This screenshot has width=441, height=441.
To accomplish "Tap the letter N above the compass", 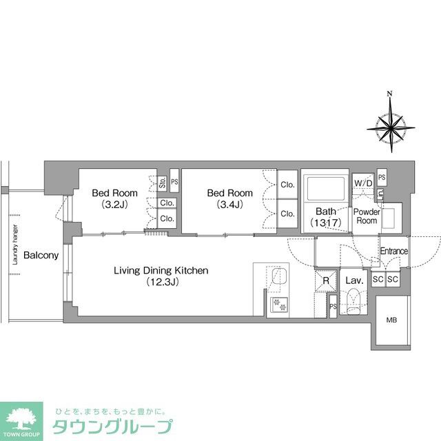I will pos(389,94).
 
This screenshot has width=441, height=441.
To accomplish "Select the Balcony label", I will pos(41,256).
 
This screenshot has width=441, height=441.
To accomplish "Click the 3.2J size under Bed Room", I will pos(114,205).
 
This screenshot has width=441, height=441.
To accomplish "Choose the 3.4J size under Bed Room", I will pos(229,205).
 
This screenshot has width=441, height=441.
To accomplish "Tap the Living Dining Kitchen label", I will pos(161,271).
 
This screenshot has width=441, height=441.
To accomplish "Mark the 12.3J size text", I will pos(161,283).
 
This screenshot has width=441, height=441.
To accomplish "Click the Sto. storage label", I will pos(163,184).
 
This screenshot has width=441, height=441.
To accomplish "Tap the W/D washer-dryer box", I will pos(363,183).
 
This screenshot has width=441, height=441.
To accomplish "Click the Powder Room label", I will pos(367,216).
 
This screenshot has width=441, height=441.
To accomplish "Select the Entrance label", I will pos(394,252).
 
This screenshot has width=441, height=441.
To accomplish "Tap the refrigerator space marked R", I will pos(326,280).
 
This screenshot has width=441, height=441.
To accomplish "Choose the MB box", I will pos(392,320).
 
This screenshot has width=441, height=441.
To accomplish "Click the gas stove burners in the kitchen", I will pos(280,304).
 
